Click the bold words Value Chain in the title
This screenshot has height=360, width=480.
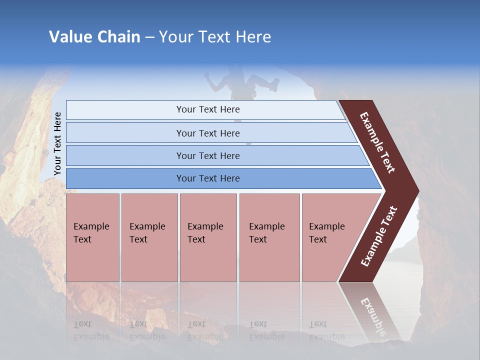point(94,36)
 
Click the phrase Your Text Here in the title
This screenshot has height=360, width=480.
point(215,36)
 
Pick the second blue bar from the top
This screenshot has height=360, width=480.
point(208,133)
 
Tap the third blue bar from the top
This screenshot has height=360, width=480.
point(208,155)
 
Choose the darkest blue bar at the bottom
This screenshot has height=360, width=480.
point(208,178)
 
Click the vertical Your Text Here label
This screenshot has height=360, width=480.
point(57,143)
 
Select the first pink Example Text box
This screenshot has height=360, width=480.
point(92,237)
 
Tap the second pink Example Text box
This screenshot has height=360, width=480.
point(149,237)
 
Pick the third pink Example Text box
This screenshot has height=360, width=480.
point(208,237)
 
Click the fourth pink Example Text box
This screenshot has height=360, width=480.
point(269,237)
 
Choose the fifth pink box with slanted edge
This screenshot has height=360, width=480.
point(330,237)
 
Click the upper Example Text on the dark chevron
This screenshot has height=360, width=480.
point(377,142)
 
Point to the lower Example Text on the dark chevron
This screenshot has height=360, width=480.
point(379,236)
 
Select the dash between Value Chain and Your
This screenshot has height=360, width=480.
point(149,37)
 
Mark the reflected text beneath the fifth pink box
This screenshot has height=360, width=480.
point(318,330)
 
